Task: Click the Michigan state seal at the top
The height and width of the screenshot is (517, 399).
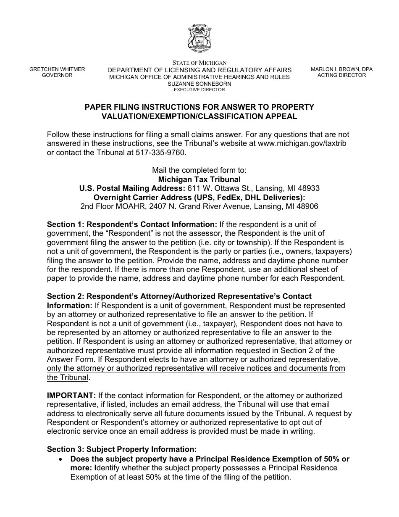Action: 199,38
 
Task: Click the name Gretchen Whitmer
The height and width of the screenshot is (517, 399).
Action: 57,69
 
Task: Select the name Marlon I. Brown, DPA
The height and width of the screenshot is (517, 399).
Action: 341,69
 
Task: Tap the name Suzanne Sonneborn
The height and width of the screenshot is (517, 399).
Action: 199,84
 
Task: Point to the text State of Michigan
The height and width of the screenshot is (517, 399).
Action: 199,63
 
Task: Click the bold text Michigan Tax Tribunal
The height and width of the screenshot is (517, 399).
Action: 199,179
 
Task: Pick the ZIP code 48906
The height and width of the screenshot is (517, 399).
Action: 308,206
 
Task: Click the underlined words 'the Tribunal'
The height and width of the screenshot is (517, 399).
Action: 68,377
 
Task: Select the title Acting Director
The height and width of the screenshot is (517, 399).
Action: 341,75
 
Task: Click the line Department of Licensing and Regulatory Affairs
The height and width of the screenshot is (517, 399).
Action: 199,70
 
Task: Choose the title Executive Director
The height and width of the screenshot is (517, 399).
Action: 199,90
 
